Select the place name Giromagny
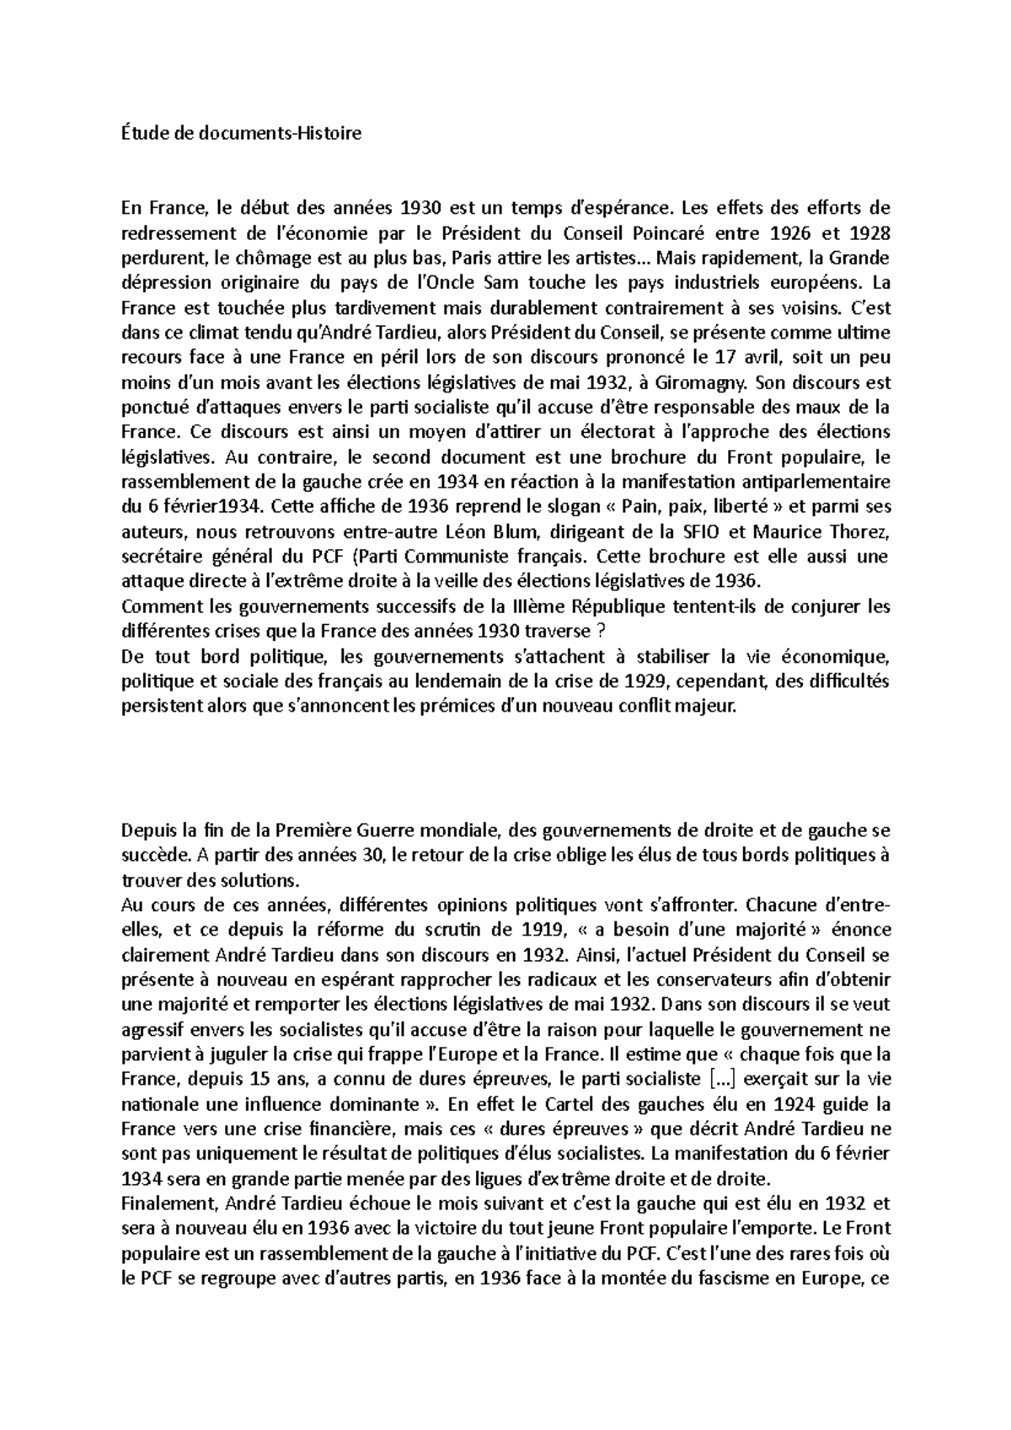pos(704,382)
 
